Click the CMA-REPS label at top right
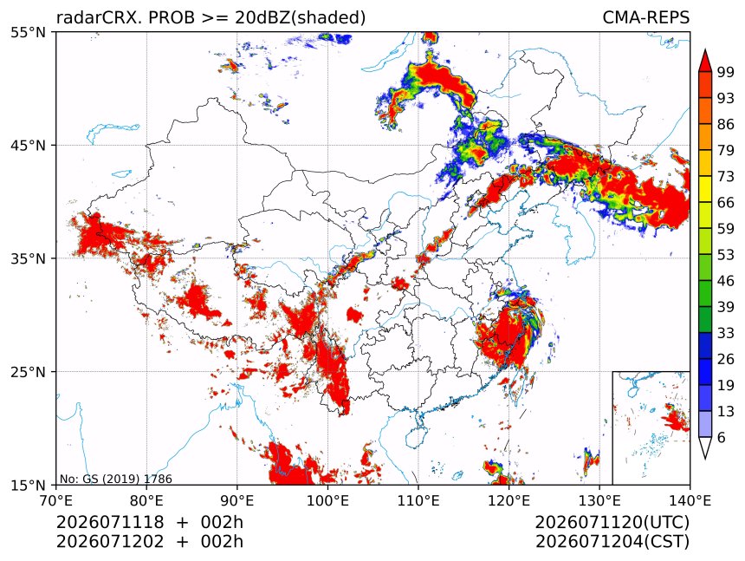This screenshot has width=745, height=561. click(645, 17)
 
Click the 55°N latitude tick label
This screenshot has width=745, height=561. click(28, 32)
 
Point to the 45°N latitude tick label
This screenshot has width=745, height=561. click(28, 145)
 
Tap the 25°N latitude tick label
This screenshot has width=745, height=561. click(28, 371)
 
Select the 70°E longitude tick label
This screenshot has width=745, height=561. click(56, 500)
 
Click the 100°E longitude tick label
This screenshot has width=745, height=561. click(327, 500)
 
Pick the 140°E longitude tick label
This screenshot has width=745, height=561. click(690, 500)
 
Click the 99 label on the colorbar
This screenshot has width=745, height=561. click(726, 72)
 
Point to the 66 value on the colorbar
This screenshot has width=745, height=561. click(726, 203)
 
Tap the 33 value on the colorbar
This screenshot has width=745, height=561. click(726, 333)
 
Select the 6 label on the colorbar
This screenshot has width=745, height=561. click(722, 437)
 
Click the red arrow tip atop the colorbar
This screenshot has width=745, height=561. click(705, 50)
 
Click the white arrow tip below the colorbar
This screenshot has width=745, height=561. click(705, 459)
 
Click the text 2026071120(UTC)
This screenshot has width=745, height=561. click(612, 522)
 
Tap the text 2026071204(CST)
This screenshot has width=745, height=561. click(612, 542)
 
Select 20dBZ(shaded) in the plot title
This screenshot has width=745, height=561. click(301, 17)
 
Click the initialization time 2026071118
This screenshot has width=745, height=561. click(110, 522)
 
